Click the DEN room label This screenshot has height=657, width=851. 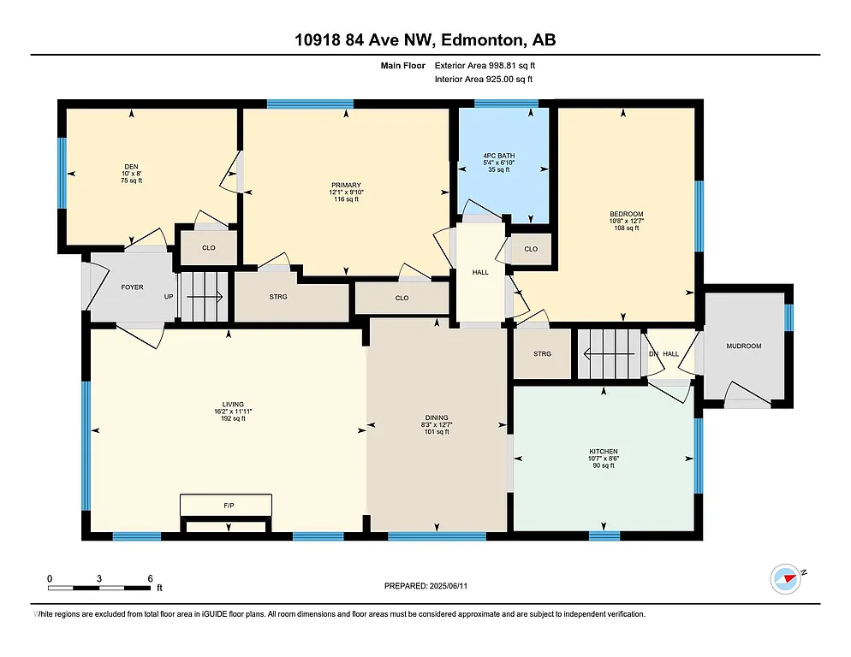tap(131, 167)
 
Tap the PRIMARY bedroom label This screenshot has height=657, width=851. tap(347, 185)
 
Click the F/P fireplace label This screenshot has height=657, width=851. tap(229, 506)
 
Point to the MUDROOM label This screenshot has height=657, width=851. tap(743, 346)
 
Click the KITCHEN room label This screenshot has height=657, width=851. tap(603, 452)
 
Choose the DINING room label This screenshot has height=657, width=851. tap(436, 417)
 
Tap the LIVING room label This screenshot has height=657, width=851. tap(232, 404)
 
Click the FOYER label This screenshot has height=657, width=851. tap(132, 287)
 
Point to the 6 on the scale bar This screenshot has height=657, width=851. tap(150, 578)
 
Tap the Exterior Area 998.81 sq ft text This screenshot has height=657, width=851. tap(485, 65)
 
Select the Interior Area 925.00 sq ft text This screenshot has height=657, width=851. tap(484, 80)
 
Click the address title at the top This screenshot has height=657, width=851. tap(425, 40)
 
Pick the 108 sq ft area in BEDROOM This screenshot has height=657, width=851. tap(626, 228)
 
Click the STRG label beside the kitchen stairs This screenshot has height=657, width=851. tap(541, 353)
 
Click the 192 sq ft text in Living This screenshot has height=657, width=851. tap(232, 418)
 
